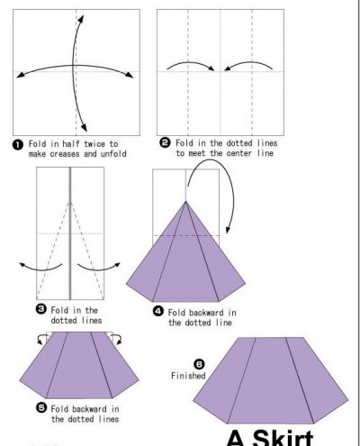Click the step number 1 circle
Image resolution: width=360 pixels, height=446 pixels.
pyautogui.click(x=18, y=145)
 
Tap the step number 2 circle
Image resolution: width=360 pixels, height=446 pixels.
pyautogui.click(x=165, y=142)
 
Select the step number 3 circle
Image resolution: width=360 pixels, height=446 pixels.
pyautogui.click(x=41, y=309)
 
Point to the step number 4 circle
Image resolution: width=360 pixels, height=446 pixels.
pyautogui.click(x=158, y=312)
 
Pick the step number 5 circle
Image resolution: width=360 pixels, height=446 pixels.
pyautogui.click(x=41, y=408)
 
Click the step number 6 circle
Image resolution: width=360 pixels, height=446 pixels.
pyautogui.click(x=199, y=364)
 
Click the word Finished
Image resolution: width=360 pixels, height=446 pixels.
pyautogui.click(x=188, y=376)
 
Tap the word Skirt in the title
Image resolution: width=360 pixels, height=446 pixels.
pyautogui.click(x=283, y=438)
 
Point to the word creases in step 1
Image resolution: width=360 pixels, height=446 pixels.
pyautogui.click(x=65, y=154)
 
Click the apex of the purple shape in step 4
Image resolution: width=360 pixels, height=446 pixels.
pyautogui.click(x=185, y=201)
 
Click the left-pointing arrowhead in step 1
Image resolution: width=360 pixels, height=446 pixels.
pyautogui.click(x=20, y=75)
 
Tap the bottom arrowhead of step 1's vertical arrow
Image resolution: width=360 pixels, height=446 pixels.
pyautogui.click(x=85, y=128)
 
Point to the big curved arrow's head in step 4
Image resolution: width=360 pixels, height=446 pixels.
pyautogui.click(x=228, y=229)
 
